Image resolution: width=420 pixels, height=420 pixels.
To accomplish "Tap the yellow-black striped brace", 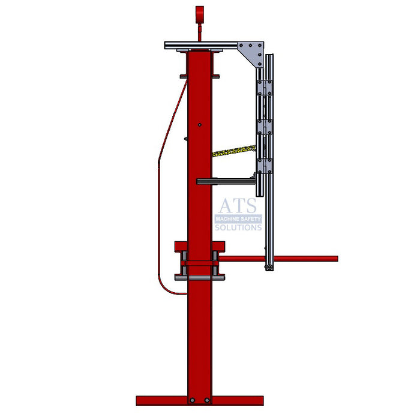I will point(235,149).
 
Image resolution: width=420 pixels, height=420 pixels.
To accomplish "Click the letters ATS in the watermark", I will point(237,206).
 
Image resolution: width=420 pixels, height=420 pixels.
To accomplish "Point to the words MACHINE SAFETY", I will point(238,220).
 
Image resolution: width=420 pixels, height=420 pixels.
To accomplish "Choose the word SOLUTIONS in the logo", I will point(238,227).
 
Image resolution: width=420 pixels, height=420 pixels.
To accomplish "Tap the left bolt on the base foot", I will point(191,400).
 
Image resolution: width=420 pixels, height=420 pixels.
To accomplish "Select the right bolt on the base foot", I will point(207,400).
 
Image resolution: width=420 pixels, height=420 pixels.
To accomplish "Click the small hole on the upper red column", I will point(200,125).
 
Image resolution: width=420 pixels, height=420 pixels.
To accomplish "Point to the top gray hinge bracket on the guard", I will point(265,88).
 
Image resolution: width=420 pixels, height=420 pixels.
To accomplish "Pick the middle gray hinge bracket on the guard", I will point(265,127).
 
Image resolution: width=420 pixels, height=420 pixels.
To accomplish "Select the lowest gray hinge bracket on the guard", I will point(265,166).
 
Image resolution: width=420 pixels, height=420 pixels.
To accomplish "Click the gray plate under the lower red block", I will point(199,277).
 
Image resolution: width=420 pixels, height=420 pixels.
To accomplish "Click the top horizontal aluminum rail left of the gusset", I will point(201,46).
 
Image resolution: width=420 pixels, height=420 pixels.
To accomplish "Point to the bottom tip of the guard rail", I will point(270,268).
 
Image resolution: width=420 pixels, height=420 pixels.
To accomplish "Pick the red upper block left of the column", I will point(181,247).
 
